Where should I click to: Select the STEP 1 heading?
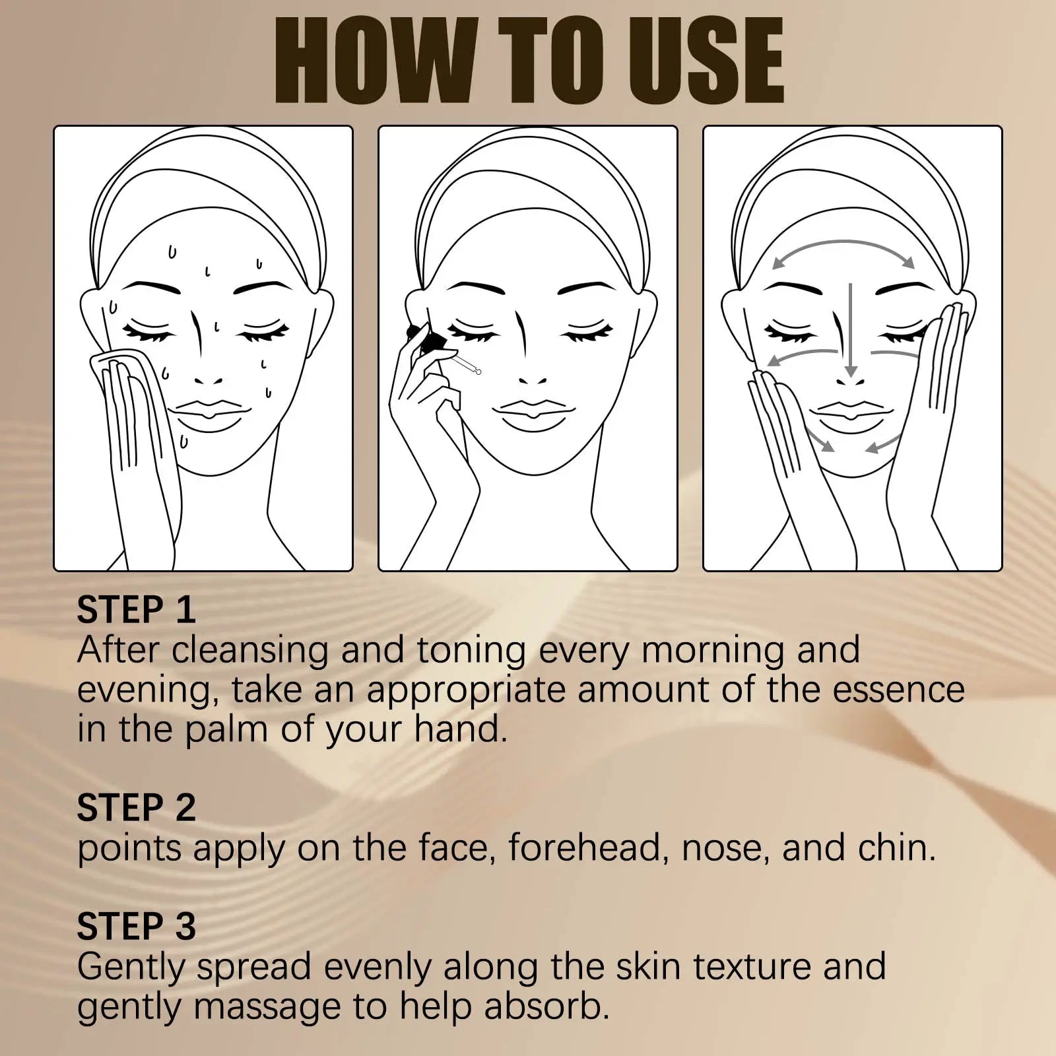(136, 610)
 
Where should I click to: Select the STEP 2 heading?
(136, 808)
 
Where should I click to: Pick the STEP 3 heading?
(136, 927)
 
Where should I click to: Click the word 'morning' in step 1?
(713, 651)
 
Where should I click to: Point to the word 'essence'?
(898, 690)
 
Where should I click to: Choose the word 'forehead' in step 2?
(585, 849)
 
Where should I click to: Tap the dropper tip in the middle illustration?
(478, 372)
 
